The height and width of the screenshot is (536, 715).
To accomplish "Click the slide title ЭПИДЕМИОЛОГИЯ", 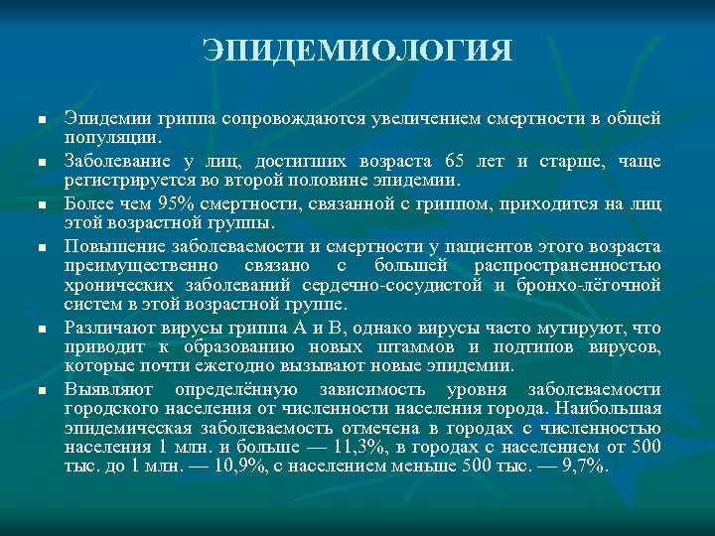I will pyautogui.click(x=357, y=51).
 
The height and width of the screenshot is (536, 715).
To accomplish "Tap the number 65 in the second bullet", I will pyautogui.click(x=454, y=162).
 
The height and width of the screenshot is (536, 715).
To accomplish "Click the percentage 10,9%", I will pyautogui.click(x=215, y=467).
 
